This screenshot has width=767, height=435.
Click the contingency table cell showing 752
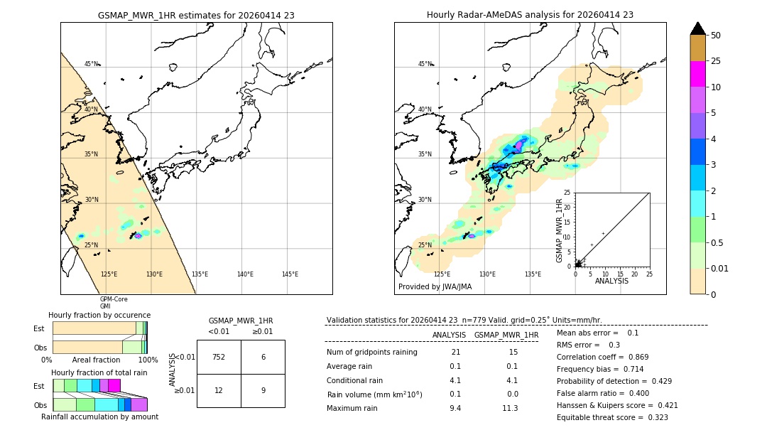(x=219, y=357)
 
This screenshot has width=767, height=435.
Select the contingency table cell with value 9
(x=263, y=390)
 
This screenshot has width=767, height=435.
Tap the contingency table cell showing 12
(x=219, y=390)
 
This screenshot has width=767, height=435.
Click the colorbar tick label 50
(x=717, y=36)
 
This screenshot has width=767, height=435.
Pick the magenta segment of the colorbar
(x=697, y=74)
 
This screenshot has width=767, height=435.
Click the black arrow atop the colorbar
(x=697, y=28)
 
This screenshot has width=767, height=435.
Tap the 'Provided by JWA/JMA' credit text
(x=435, y=287)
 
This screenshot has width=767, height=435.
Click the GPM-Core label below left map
(x=114, y=299)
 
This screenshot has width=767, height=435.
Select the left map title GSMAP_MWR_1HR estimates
(x=196, y=15)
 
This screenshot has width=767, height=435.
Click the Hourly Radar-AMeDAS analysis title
(x=530, y=15)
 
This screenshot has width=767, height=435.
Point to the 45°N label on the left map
(x=92, y=64)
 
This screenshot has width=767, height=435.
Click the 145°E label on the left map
(x=290, y=274)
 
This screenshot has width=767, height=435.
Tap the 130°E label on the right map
(x=487, y=274)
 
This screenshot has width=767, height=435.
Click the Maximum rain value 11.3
(x=510, y=408)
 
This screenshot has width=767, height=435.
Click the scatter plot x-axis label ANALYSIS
(x=611, y=281)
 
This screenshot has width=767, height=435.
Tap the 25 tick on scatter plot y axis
(x=567, y=193)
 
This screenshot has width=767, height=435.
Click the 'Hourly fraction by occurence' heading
(x=99, y=315)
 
